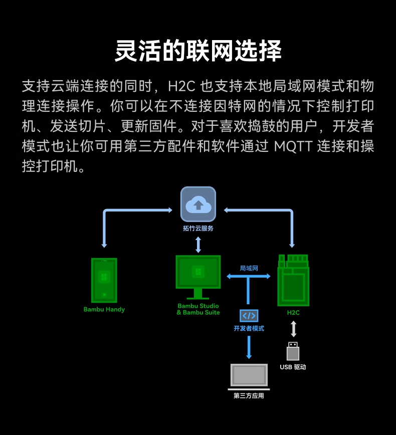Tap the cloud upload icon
coord(198,204)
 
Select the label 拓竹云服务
coord(198,229)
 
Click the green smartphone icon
coord(104,280)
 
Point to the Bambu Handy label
coord(104,309)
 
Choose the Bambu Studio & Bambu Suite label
coord(198,309)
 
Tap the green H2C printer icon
coord(293,280)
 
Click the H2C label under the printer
coord(293,312)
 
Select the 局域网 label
coord(249,268)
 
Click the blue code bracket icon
coord(249,315)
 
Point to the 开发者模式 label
coord(249,329)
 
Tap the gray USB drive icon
coord(293,351)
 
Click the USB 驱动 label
coord(293,367)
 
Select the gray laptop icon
coord(249,376)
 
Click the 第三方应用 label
coord(249,396)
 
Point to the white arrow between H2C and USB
coord(293,329)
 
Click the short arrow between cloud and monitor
coord(198,244)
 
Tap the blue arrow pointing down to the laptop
coord(249,347)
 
